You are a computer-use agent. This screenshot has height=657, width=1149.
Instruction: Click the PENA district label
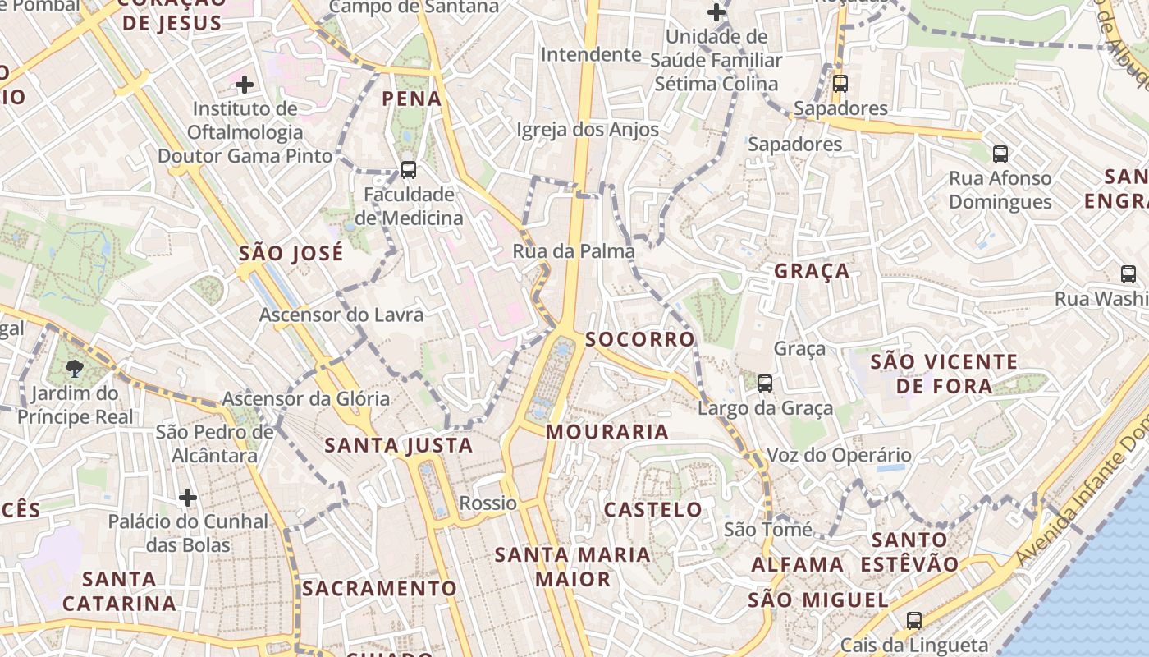[412, 99]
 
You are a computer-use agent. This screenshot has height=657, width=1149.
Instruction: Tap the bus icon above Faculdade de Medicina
[408, 170]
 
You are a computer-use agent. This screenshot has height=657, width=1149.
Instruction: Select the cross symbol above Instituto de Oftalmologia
[244, 84]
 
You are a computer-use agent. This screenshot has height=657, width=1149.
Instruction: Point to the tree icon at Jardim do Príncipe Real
[75, 367]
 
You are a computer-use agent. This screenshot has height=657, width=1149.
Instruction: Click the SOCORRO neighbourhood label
[640, 339]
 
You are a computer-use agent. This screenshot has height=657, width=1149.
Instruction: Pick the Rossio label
[488, 503]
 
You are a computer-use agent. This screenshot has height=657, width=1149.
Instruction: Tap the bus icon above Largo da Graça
[764, 383]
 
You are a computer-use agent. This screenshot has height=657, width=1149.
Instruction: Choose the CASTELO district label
[653, 510]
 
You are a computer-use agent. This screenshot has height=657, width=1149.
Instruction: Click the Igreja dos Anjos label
[588, 130]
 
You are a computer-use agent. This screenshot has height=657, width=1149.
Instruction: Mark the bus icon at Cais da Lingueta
[913, 621]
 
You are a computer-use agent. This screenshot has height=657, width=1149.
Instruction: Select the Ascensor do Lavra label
[341, 315]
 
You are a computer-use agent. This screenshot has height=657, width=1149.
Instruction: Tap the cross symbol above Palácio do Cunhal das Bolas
[188, 497]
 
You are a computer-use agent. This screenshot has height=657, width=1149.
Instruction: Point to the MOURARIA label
[607, 432]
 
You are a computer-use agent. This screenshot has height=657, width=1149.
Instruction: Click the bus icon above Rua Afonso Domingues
[1000, 154]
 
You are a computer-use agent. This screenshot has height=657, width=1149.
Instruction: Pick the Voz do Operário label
[839, 455]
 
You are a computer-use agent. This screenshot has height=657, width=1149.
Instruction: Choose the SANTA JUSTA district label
[399, 446]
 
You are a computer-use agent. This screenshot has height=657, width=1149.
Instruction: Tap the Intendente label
[591, 55]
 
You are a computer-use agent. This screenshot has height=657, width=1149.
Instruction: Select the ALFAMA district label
[798, 565]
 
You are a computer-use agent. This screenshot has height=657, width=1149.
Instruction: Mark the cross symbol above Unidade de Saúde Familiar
[716, 12]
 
